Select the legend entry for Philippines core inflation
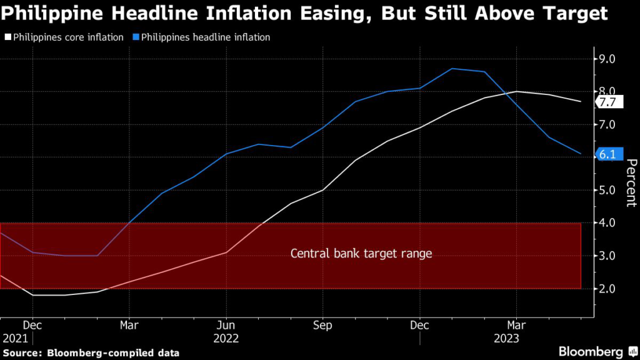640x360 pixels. pyautogui.click(x=64, y=37)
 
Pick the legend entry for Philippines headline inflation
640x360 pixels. pyautogui.click(x=202, y=37)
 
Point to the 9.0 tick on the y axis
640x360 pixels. pyautogui.click(x=607, y=59)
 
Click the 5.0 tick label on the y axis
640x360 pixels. pyautogui.click(x=607, y=190)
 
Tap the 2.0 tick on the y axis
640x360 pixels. pyautogui.click(x=607, y=289)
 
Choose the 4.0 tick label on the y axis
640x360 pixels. pyautogui.click(x=607, y=223)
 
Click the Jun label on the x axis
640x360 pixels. pyautogui.click(x=226, y=325)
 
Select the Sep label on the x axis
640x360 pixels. pyautogui.click(x=322, y=325)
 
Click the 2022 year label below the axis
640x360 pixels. pyautogui.click(x=226, y=339)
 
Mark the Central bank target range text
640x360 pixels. pyautogui.click(x=361, y=254)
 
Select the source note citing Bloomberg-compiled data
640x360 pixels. pyautogui.click(x=91, y=353)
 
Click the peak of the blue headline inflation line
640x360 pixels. pyautogui.click(x=452, y=69)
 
